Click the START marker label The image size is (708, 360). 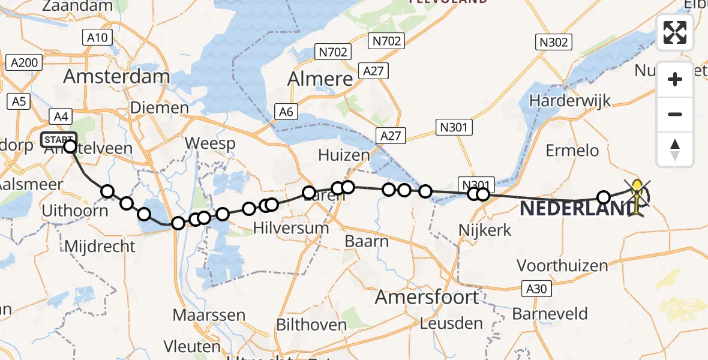tap(58, 140)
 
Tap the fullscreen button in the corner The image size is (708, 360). tap(675, 32)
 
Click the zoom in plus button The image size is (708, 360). tap(675, 79)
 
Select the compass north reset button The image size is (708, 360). tap(675, 149)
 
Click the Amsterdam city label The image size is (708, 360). tap(116, 76)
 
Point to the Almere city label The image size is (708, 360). tap(320, 79)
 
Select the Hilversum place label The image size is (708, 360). tap(291, 228)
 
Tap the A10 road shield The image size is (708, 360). tap(96, 38)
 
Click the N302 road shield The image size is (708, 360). tap(553, 41)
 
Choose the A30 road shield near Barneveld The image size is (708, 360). tap(535, 289)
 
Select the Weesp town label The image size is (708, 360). tap(210, 143)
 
